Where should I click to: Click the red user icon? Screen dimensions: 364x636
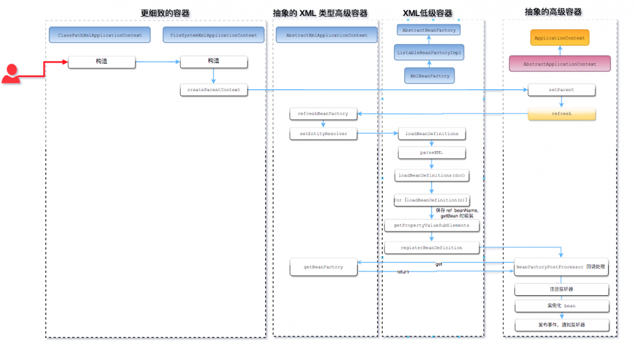click(x=11, y=74)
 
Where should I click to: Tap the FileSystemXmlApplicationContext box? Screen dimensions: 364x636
click(x=213, y=35)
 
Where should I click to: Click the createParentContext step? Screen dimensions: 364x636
click(x=213, y=90)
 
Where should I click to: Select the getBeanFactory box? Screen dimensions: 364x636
click(x=323, y=267)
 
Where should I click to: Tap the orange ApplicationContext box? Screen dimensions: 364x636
click(x=560, y=38)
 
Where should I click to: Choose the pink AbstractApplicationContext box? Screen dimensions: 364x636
click(x=560, y=64)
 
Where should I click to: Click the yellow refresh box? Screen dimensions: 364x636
click(x=561, y=113)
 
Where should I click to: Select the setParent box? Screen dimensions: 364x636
click(x=561, y=90)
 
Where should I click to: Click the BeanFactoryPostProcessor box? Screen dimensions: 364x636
click(x=561, y=267)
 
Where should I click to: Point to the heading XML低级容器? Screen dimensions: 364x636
click(x=428, y=13)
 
